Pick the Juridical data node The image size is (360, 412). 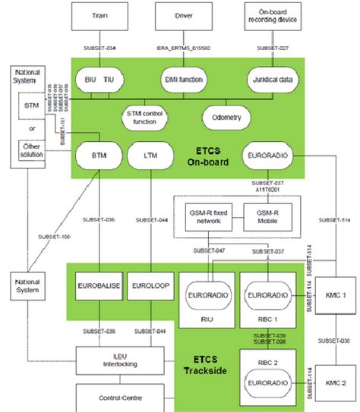pyautogui.click(x=270, y=79)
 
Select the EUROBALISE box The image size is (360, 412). pyautogui.click(x=96, y=288)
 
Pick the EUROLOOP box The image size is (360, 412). pyautogui.click(x=150, y=288)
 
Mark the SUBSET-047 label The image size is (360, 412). pyautogui.click(x=209, y=250)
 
